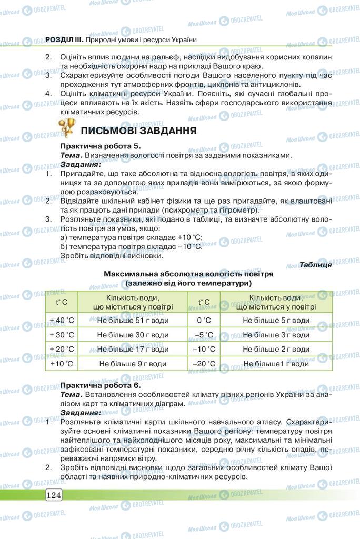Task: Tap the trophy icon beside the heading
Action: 67,127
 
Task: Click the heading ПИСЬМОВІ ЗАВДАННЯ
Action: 139,130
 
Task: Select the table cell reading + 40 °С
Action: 62,320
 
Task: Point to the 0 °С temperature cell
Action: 204,320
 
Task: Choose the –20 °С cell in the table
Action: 204,364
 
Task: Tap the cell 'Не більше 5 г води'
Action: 276,320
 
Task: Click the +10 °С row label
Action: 62,364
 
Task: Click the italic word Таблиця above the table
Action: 315,265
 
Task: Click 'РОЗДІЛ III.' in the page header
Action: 62,39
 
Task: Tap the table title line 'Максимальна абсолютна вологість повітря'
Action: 188,274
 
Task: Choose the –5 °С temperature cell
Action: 204,335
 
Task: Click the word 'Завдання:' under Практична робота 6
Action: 81,413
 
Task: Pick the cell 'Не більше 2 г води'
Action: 276,349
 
